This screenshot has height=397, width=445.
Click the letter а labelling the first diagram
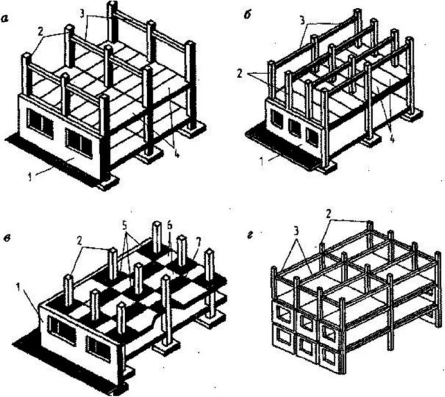6,19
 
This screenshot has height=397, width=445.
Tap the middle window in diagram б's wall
294,125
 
